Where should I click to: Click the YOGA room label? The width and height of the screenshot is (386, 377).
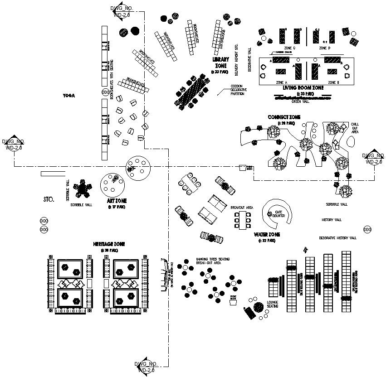tap(68, 96)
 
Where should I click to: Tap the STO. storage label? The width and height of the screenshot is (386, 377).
tap(49, 199)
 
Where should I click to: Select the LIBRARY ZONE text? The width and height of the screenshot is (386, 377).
tap(221, 62)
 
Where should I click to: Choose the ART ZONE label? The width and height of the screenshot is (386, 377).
tap(117, 201)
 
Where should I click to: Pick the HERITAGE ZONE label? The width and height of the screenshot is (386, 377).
tap(109, 244)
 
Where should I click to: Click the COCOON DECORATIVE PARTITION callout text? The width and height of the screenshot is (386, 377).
tap(239, 90)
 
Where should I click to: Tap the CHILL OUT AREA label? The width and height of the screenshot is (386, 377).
tap(355, 128)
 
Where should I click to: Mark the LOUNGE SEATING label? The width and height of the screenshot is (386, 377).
tap(272, 305)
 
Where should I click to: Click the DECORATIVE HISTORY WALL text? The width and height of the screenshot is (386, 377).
tap(337, 238)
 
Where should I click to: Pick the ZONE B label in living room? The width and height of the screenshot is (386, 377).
tap(334, 82)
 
